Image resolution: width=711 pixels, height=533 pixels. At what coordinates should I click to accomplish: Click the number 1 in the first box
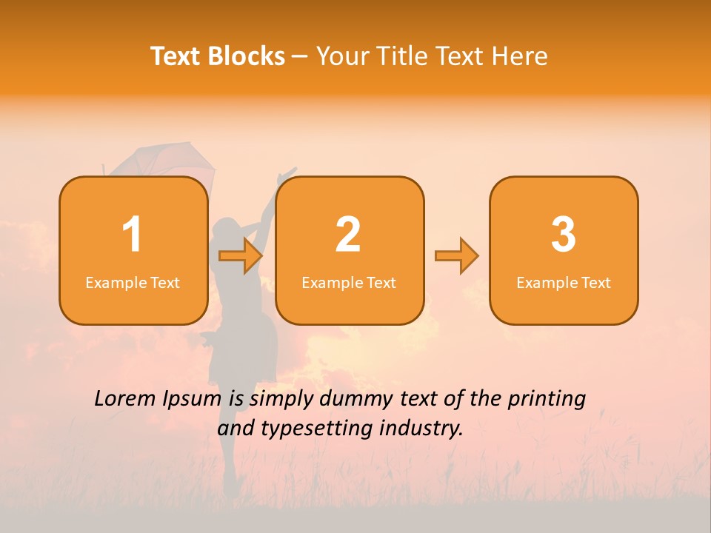[x=133, y=235]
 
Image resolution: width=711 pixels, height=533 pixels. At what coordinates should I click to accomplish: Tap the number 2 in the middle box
[x=348, y=235]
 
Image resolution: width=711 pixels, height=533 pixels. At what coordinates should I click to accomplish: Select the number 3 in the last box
[x=564, y=235]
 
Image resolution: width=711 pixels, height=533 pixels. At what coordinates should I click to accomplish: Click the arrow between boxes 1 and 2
[x=241, y=256]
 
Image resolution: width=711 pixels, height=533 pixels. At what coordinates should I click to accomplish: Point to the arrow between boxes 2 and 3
[x=456, y=256]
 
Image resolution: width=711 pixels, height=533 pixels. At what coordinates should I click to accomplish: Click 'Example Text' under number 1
[x=133, y=283]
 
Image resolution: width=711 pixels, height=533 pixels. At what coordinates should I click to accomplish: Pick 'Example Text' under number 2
[x=349, y=283]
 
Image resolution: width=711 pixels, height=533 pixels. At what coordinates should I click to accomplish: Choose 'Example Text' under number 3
[x=564, y=283]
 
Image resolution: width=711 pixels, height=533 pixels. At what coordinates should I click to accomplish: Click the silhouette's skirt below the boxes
[x=241, y=348]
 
